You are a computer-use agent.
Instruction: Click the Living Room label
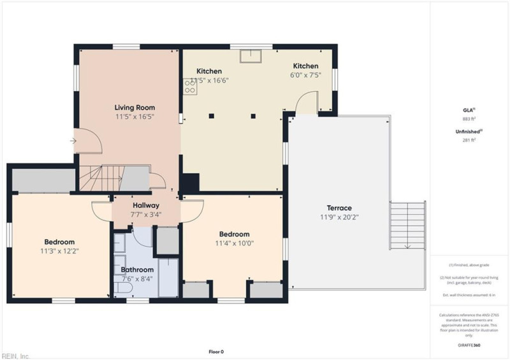135,108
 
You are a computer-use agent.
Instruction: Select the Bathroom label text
137,270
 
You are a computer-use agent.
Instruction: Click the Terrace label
339,208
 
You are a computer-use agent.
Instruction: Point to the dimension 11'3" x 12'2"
59,251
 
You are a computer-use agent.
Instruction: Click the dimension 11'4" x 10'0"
234,243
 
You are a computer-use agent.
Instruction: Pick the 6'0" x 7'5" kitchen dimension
305,75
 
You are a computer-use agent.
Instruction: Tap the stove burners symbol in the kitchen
190,86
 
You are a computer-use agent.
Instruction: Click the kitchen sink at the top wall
249,56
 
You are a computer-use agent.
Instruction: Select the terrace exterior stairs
407,227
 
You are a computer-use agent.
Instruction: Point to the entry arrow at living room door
73,141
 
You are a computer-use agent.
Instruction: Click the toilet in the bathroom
121,289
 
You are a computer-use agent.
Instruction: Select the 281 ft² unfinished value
469,141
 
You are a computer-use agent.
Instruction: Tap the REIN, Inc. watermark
16,356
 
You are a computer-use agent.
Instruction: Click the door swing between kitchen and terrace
307,101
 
